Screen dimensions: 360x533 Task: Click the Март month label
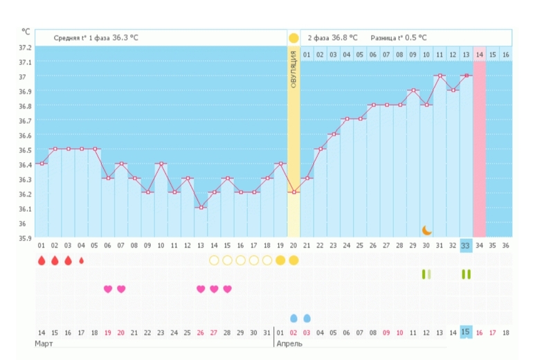click(45, 344)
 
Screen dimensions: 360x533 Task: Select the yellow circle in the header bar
click(293, 37)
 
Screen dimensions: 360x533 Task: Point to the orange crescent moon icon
click(427, 230)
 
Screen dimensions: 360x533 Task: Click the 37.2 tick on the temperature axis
click(25, 47)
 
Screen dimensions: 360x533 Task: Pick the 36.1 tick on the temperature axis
click(25, 208)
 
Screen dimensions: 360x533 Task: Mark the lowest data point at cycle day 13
click(201, 207)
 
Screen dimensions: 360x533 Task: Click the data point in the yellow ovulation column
click(293, 192)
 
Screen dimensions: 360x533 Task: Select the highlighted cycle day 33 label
click(466, 245)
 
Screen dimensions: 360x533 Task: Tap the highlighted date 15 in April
click(466, 332)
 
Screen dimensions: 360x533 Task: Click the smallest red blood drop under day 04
click(81, 261)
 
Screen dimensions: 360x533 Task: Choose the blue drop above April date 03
click(307, 318)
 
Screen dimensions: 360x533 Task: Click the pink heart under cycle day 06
click(107, 289)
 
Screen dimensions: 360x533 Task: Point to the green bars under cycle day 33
click(466, 274)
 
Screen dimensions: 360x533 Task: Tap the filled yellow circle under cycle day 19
click(280, 260)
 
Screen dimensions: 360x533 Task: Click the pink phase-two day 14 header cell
click(479, 53)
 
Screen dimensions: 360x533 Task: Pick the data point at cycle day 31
click(439, 75)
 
